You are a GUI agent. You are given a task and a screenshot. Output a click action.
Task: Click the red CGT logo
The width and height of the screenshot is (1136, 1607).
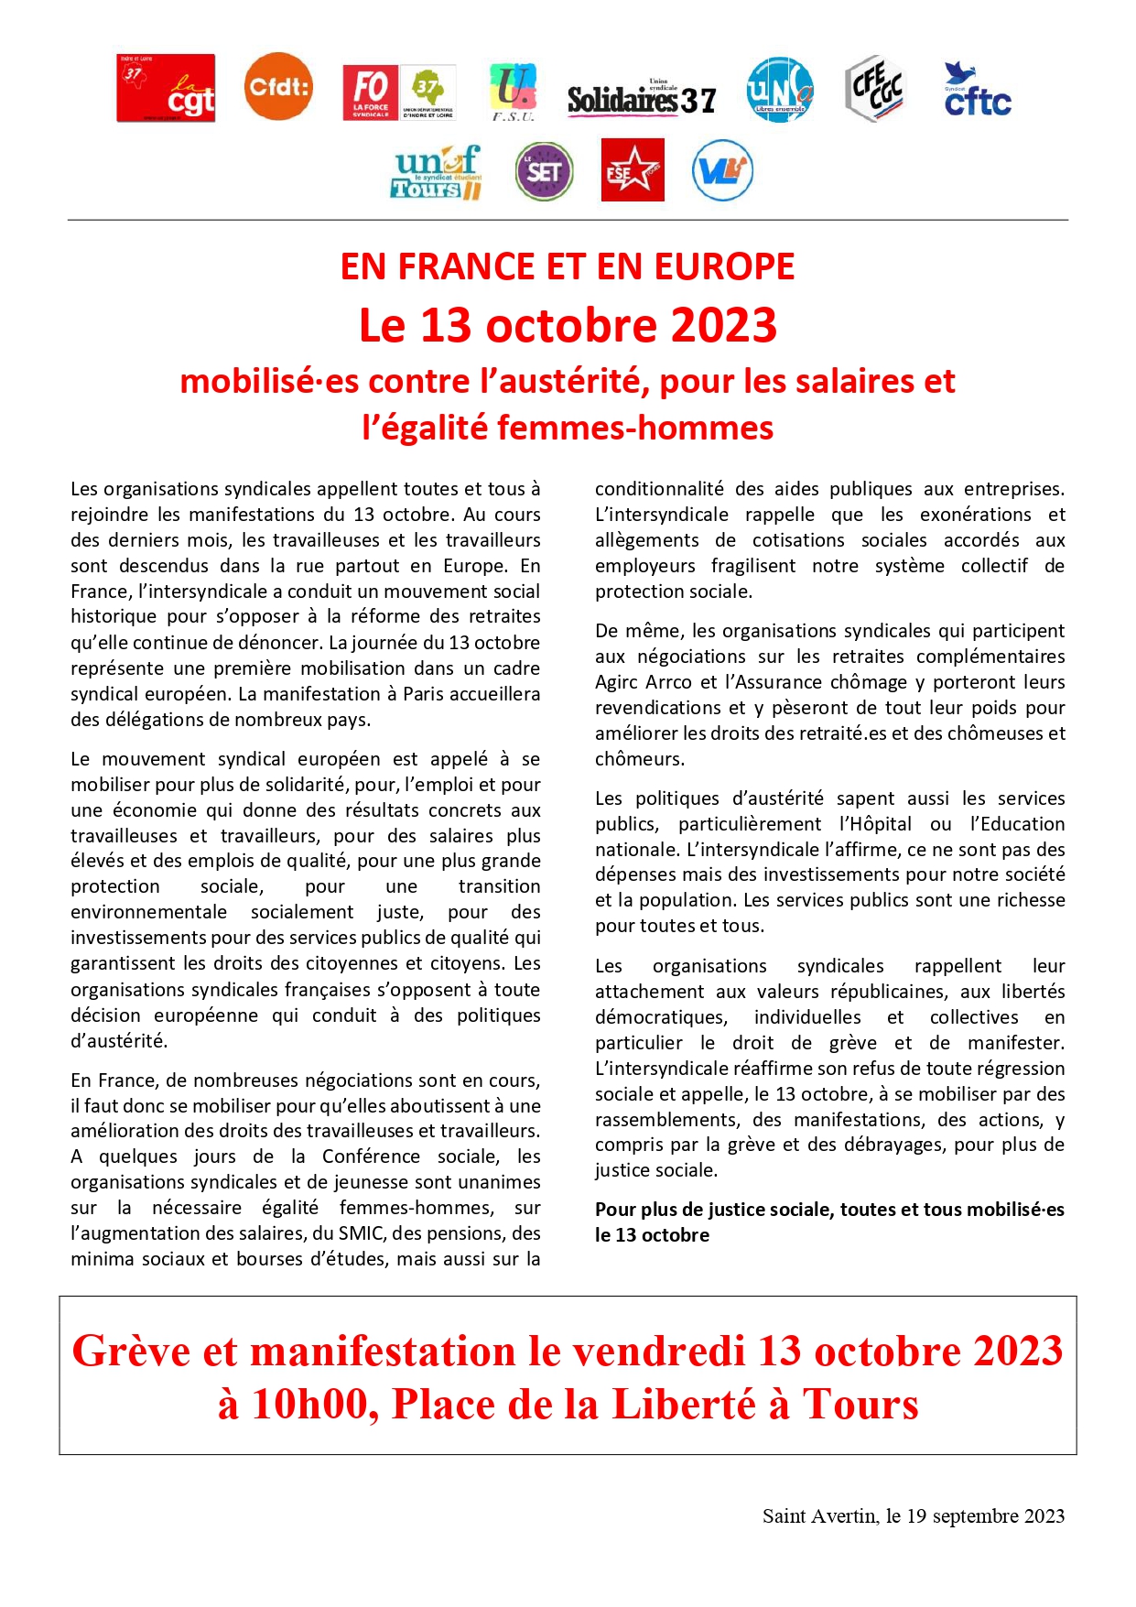(x=166, y=88)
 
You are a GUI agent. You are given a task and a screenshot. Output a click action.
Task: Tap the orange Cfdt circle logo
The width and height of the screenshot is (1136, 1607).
(x=278, y=87)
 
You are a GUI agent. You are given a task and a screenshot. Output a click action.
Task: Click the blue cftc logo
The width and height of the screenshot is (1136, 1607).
(x=977, y=91)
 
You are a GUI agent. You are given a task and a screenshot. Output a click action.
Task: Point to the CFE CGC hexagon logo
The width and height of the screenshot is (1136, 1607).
(x=874, y=88)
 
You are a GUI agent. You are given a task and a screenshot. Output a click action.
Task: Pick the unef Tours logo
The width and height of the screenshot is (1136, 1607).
(x=437, y=172)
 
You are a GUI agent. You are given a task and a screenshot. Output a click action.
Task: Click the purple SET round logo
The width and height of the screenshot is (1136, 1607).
(x=544, y=171)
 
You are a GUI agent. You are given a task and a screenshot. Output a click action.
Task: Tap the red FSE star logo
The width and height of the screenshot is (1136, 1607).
(x=633, y=170)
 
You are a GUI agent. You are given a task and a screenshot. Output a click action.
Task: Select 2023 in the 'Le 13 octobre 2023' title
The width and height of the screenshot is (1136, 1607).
(x=723, y=326)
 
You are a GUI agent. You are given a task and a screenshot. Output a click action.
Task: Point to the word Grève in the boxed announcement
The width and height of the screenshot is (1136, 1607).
(x=132, y=1352)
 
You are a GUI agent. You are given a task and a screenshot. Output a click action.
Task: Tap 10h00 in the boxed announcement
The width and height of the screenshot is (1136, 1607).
(x=310, y=1405)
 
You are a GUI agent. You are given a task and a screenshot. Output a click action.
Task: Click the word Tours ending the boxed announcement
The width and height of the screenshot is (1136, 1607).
(x=860, y=1405)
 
